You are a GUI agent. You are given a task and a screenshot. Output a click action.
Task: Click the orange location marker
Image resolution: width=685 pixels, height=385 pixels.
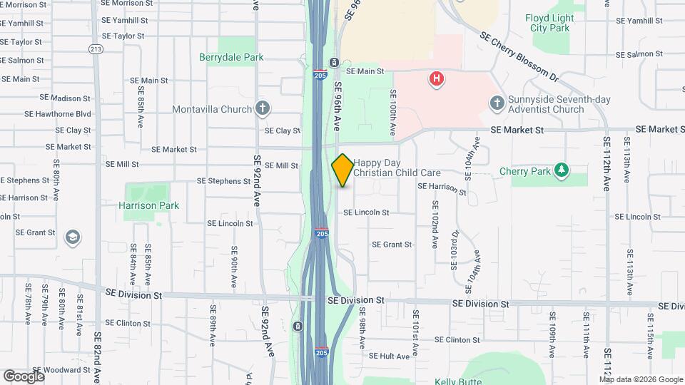click(342, 170)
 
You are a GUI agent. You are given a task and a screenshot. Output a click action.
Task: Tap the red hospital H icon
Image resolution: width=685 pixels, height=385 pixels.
click(437, 78)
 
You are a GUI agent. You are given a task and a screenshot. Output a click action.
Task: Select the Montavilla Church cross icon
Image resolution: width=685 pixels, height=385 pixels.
click(263, 109)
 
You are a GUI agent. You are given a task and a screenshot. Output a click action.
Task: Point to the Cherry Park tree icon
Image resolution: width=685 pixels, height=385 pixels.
click(562, 171)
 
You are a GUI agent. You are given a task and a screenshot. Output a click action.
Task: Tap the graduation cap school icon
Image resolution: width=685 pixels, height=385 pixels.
click(71, 237)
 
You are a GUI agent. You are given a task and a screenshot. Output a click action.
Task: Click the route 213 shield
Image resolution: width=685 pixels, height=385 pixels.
click(96, 48)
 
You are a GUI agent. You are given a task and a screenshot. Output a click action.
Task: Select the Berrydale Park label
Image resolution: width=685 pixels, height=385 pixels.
click(231, 58)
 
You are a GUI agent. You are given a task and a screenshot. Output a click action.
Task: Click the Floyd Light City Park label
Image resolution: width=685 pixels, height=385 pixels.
click(569, 23)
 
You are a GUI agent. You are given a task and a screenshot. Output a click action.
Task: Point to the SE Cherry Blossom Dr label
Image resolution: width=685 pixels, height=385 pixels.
click(518, 55)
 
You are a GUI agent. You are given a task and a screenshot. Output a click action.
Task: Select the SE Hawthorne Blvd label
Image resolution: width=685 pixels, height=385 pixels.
click(58, 114)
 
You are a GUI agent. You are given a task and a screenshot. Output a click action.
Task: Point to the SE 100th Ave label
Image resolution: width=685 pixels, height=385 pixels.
click(392, 113)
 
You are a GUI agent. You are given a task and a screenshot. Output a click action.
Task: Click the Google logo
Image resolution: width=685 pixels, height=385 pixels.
click(24, 376)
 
